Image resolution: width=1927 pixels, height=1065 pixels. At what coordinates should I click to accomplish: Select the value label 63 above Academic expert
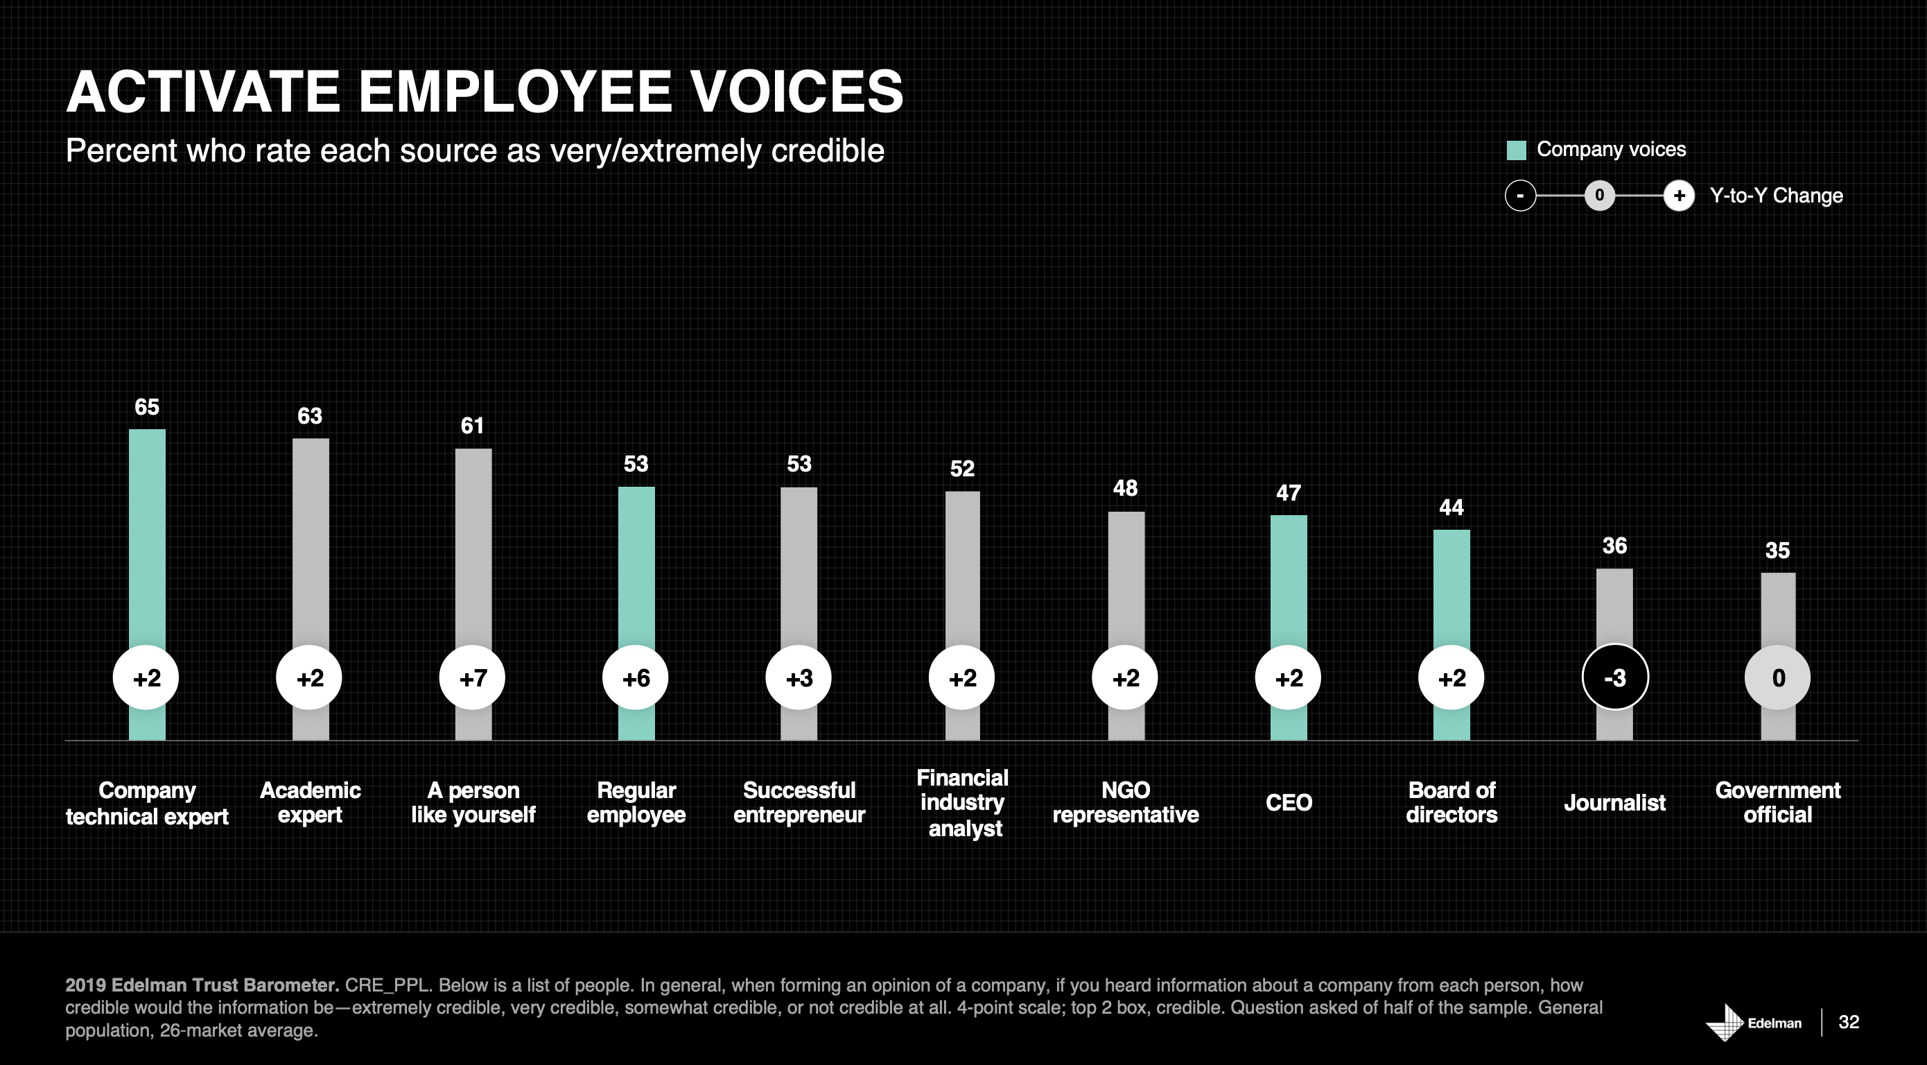(310, 416)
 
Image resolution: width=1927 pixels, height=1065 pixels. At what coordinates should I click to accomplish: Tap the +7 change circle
(473, 678)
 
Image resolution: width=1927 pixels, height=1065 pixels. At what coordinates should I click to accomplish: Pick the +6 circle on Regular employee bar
(636, 678)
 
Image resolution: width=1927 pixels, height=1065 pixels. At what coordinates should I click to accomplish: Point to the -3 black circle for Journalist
(1615, 678)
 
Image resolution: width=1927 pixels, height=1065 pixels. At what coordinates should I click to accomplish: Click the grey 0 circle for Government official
(1778, 678)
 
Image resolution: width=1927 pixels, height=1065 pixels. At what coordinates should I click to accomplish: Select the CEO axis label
(1288, 802)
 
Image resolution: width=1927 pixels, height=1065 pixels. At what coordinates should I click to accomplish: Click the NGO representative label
(1125, 802)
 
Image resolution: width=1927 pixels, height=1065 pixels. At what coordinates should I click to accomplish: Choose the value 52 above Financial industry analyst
(962, 469)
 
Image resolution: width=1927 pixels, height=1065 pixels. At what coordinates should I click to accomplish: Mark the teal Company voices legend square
(1515, 150)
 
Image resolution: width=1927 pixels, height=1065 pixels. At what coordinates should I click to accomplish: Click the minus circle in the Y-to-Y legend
(1520, 196)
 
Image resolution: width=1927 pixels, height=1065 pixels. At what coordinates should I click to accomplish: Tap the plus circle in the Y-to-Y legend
(1680, 196)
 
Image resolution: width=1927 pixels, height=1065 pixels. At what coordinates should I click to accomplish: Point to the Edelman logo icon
(1725, 1021)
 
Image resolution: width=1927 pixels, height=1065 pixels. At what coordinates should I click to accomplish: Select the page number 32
(1849, 1022)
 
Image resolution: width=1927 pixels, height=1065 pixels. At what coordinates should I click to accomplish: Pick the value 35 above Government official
(1777, 551)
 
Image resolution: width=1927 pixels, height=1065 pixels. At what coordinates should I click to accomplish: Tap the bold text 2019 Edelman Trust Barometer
(202, 985)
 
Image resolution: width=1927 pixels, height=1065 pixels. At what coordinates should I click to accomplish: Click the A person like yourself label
(473, 802)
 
